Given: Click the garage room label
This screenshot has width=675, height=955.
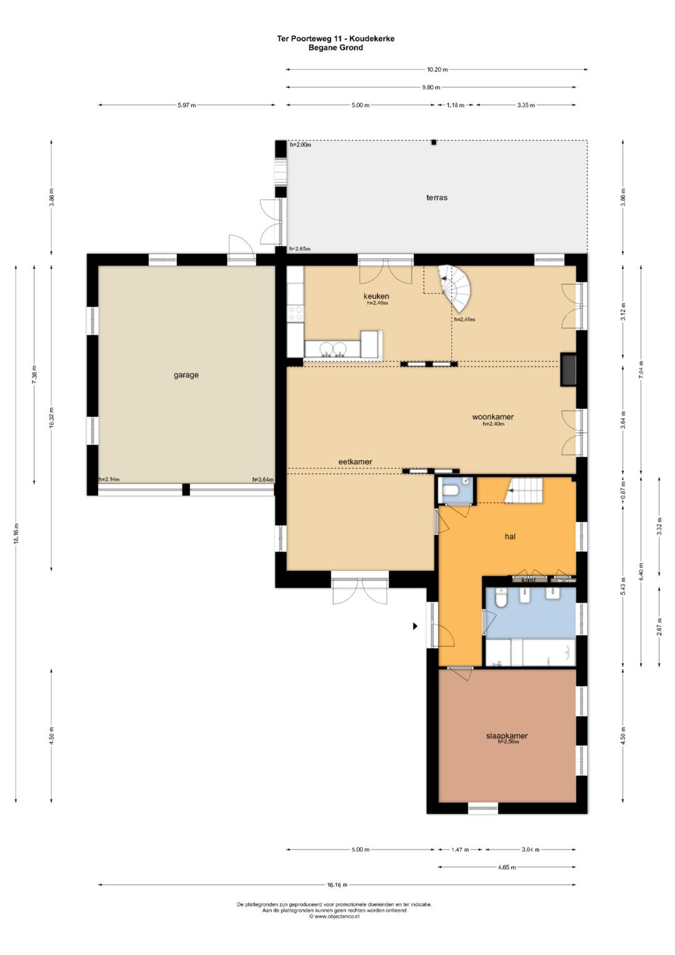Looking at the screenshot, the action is tap(186, 375).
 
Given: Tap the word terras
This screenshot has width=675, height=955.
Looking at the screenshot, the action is tap(437, 198).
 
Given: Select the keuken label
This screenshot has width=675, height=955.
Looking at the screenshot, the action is tap(376, 296).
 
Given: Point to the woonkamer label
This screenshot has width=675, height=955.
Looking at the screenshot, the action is tap(492, 417).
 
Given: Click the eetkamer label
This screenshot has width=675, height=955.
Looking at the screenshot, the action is tap(356, 462).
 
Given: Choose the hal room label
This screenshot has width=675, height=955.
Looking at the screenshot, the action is tap(510, 537).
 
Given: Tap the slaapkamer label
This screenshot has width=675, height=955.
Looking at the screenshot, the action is tap(507, 735).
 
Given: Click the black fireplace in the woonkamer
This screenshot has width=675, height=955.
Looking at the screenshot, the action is tap(569, 370).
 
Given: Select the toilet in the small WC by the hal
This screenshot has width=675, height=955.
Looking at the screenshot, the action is tap(450, 491).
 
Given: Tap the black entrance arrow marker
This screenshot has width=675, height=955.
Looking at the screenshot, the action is tap(414, 626).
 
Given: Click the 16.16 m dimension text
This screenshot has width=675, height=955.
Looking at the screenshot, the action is tap(337, 885).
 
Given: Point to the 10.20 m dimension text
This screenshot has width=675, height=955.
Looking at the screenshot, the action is tap(437, 69).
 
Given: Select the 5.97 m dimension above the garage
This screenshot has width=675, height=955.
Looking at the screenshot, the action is tap(187, 105).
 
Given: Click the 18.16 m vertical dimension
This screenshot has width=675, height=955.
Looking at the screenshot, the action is tap(16, 533).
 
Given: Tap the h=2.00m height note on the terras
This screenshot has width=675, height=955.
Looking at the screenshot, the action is tap(301, 144).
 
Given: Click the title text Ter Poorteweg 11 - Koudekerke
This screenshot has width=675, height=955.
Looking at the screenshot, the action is tap(336, 38).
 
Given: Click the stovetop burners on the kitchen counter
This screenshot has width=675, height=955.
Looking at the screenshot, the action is tap(295, 313).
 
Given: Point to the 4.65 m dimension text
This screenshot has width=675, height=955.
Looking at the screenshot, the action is tap(507, 867).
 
